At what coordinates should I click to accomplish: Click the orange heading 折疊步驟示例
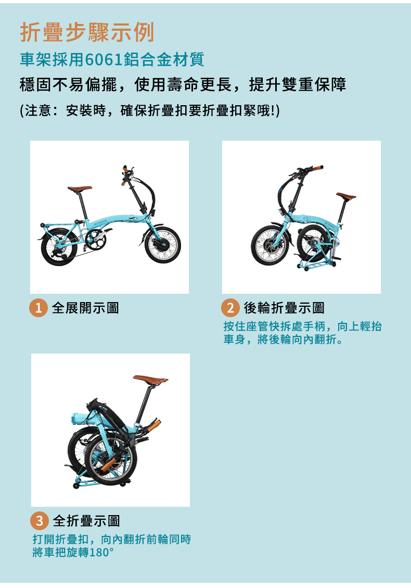click(x=87, y=32)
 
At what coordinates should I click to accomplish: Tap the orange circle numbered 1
click(x=38, y=308)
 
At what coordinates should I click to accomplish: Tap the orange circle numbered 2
click(x=230, y=308)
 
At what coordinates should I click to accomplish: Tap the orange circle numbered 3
click(x=40, y=521)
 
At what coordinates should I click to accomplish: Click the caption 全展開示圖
click(x=85, y=308)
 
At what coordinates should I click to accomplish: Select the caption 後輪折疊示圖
click(x=285, y=308)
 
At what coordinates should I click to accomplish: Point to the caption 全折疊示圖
click(x=86, y=521)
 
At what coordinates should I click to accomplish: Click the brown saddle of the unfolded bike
click(x=80, y=188)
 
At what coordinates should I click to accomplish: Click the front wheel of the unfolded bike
click(x=163, y=245)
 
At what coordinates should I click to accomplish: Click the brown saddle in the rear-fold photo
click(x=346, y=196)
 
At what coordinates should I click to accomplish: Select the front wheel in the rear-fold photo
click(x=269, y=245)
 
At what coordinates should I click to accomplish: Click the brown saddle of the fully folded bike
click(x=150, y=380)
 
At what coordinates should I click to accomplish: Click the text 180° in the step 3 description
click(x=101, y=553)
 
